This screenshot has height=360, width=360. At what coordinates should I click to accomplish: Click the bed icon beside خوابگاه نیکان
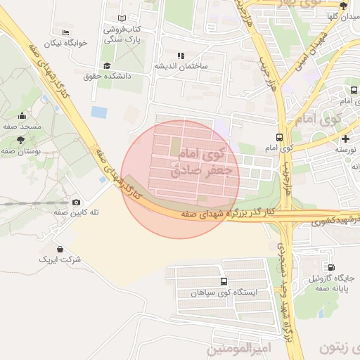(x=66, y=32)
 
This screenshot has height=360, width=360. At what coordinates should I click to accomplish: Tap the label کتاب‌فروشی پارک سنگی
(x=118, y=34)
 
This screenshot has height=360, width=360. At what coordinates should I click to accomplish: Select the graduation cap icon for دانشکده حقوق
(x=106, y=66)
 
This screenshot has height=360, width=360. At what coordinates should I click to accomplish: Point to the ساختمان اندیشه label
(x=182, y=66)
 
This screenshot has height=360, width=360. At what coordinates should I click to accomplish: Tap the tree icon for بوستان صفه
(x=20, y=141)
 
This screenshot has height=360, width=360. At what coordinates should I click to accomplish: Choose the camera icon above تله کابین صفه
(x=76, y=202)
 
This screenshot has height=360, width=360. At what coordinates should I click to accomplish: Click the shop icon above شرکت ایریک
(x=60, y=249)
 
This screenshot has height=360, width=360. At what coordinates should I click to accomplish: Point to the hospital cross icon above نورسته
(x=345, y=139)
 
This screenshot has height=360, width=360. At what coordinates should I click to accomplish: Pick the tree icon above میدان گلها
(x=343, y=6)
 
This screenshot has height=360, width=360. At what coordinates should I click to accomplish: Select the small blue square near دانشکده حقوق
(x=100, y=112)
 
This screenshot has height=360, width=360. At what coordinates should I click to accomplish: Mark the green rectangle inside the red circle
(x=175, y=147)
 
